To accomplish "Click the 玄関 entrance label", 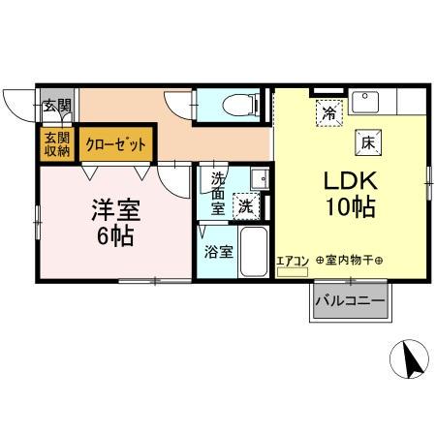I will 56,106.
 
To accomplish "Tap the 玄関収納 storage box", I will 56,143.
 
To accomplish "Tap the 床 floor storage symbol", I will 368,141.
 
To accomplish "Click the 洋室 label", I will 114,209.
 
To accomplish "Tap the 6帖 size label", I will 114,235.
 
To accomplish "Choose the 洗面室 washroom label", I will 218,191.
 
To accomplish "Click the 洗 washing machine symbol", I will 248,205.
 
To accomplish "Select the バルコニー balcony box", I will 350,302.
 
